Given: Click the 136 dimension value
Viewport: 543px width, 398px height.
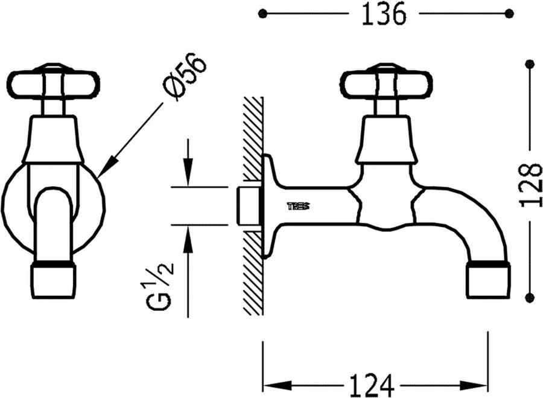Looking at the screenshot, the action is (x=383, y=14).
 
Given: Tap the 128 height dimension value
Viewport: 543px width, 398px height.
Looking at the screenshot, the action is (x=530, y=185).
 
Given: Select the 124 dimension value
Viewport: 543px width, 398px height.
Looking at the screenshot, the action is (x=372, y=385).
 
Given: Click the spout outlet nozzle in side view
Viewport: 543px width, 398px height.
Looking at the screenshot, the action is (x=488, y=280).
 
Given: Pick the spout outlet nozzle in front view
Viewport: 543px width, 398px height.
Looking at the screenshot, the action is (x=53, y=281).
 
